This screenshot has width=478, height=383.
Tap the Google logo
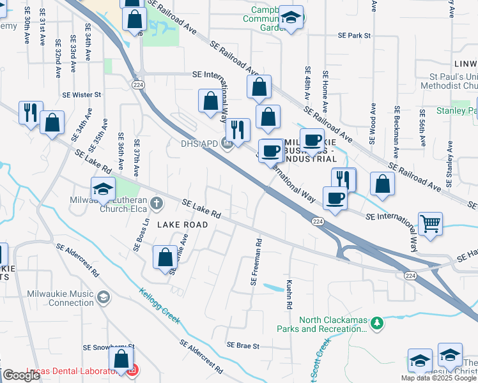21,375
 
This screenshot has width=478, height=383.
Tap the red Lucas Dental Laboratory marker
132,370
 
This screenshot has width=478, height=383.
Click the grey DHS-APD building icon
227,142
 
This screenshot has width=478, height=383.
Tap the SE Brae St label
243,346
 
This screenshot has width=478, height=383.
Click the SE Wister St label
82,94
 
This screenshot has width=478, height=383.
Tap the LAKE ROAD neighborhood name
182,225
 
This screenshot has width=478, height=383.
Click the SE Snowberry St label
109,347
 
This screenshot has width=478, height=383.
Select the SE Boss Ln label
137,237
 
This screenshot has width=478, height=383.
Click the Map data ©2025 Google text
438,378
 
